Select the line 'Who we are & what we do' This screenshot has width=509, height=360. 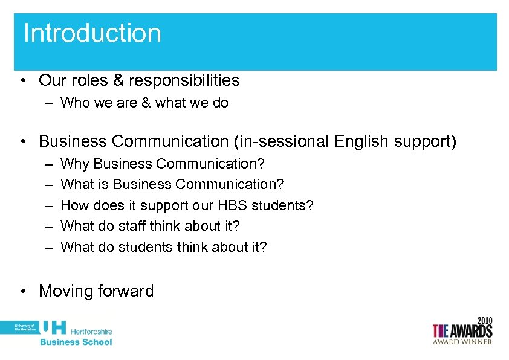[x=144, y=103]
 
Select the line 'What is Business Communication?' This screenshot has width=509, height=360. [x=172, y=184]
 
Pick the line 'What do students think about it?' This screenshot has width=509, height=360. [x=164, y=247]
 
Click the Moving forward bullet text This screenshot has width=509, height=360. [x=96, y=291]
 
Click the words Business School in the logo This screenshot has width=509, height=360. [x=76, y=342]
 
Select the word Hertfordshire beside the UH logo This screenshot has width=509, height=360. [x=91, y=332]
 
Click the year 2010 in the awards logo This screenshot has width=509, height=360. [x=484, y=320]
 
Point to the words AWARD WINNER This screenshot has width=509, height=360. [x=462, y=341]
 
